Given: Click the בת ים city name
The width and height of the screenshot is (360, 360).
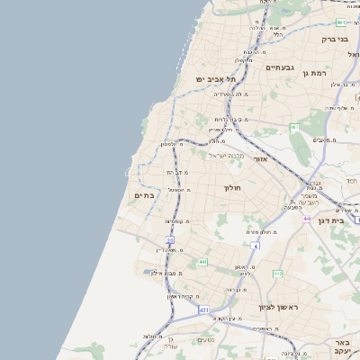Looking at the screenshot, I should pyautogui.click(x=144, y=193).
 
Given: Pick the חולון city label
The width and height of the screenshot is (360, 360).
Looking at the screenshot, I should pyautogui.click(x=233, y=187).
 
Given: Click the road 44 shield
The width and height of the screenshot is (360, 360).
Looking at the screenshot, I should pyautogui.click(x=306, y=219).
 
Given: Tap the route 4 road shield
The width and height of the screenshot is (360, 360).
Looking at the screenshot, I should pyautogui.click(x=255, y=245).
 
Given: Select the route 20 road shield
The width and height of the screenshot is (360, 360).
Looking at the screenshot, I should pyautogui.click(x=170, y=238).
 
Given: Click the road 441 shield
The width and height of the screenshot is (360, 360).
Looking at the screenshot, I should pyautogui.click(x=202, y=262).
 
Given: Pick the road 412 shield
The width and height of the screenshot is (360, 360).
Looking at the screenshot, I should pyautogui.click(x=278, y=274).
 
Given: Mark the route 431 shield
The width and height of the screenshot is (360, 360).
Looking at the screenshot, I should pyautogui.click(x=204, y=309).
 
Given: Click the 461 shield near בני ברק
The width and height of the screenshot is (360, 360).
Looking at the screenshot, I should pyautogui.click(x=341, y=22).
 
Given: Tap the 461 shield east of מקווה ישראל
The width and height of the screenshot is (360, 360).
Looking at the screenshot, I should pyautogui.click(x=294, y=128).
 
